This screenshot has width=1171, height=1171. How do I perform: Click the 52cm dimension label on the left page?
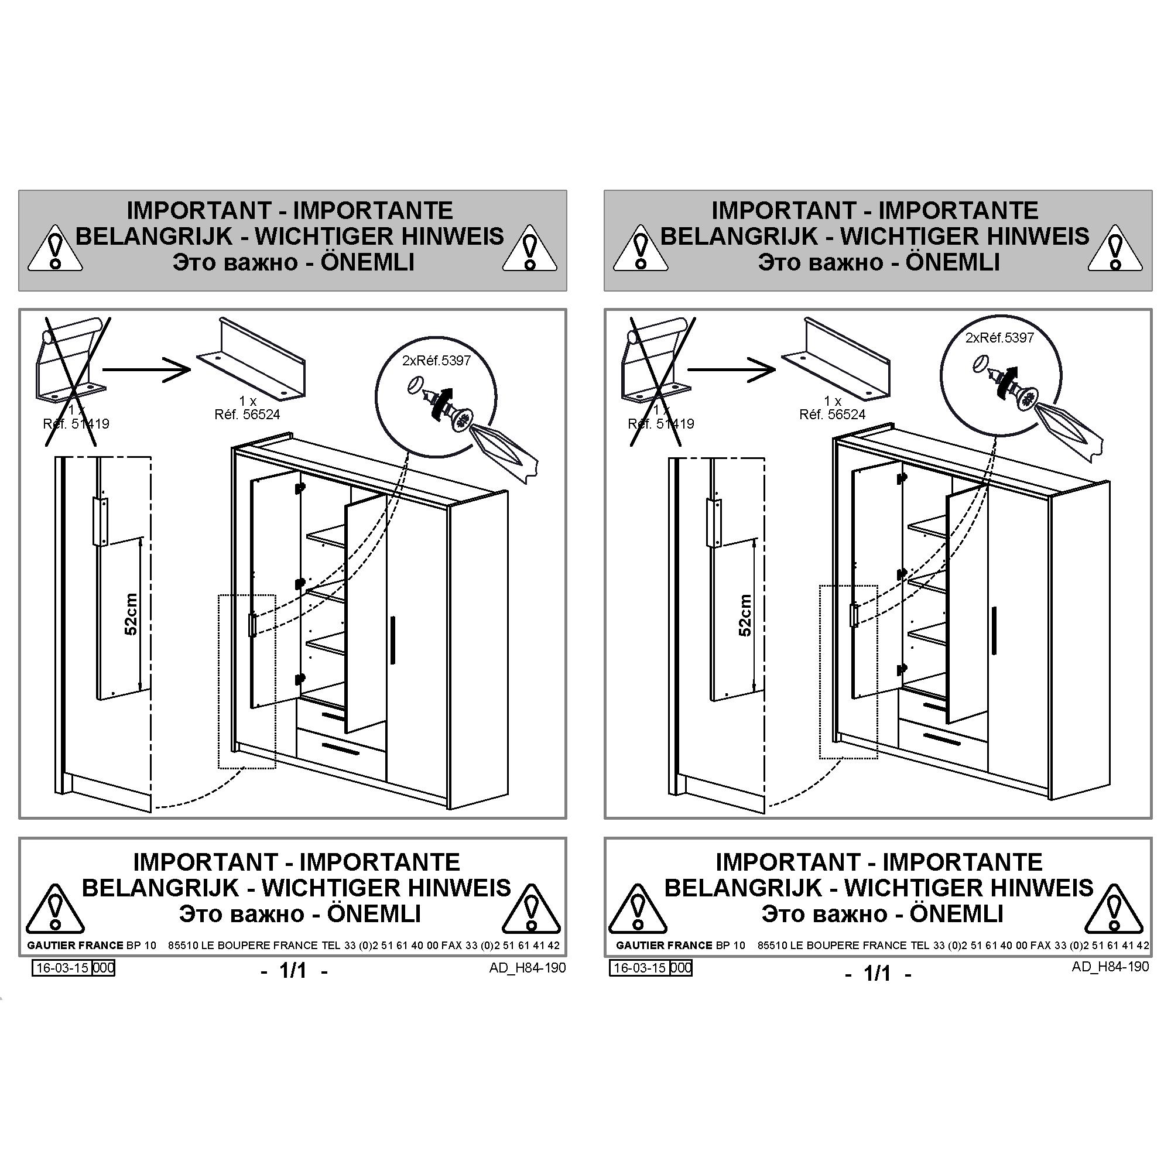coord(131,614)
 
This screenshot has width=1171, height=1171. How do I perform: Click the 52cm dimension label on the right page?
coord(745,615)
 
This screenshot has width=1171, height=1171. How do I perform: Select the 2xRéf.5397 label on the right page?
coord(999,338)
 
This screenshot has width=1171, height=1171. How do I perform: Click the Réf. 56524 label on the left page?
coord(247,415)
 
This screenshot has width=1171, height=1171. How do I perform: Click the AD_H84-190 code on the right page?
coord(1110,967)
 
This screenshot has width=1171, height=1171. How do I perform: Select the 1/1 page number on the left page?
coord(293,971)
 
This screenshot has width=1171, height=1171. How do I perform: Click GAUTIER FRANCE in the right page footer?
coord(664,945)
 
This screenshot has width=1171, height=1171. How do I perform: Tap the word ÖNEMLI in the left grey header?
coord(367,262)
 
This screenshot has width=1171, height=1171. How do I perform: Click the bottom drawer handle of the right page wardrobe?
coord(940,739)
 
